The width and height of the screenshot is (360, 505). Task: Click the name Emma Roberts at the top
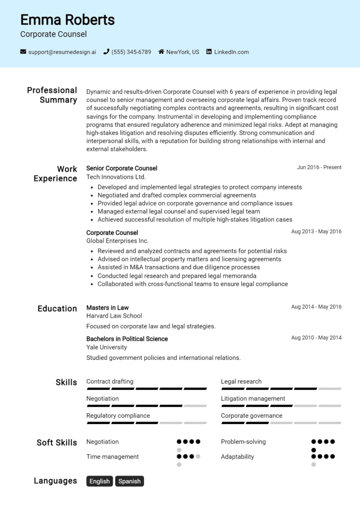coord(67,20)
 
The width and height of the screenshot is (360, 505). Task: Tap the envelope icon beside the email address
coord(23,52)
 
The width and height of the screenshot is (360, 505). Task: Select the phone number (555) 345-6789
coord(131,52)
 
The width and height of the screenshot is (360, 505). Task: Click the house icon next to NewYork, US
coord(161,52)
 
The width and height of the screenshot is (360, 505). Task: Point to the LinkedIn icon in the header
coord(209,52)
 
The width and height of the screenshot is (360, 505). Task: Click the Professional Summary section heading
coord(52,95)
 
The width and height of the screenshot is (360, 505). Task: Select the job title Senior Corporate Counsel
coord(122,168)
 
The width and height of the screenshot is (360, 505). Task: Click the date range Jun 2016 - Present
coord(319,167)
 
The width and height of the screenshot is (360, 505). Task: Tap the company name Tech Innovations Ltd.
coord(116,177)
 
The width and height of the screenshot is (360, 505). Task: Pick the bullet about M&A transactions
coord(179,267)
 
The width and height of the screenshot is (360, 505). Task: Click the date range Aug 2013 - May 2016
coord(316,231)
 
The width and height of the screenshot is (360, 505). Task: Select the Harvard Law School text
coord(114,316)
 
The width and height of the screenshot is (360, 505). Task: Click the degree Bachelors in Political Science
coord(127,339)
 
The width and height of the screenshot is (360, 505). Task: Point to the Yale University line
coord(106,348)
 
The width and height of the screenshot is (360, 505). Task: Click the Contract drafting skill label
coord(110,381)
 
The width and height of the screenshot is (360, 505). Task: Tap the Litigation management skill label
coord(253,399)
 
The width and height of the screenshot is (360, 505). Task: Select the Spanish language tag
coord(129,481)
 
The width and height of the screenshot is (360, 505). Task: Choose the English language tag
coord(99,481)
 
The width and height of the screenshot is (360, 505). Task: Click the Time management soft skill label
coord(112,457)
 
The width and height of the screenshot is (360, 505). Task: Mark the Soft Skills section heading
coord(57,443)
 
